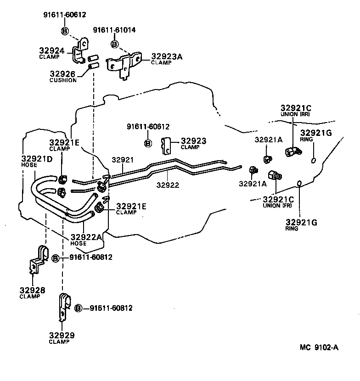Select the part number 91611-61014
point(114,30)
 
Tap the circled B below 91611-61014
point(114,44)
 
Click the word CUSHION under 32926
point(63,80)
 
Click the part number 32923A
point(167,56)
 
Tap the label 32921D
point(37,160)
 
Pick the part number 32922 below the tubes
point(167,185)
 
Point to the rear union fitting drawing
point(292,151)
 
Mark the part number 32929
point(62,335)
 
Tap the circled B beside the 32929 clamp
point(78,308)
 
